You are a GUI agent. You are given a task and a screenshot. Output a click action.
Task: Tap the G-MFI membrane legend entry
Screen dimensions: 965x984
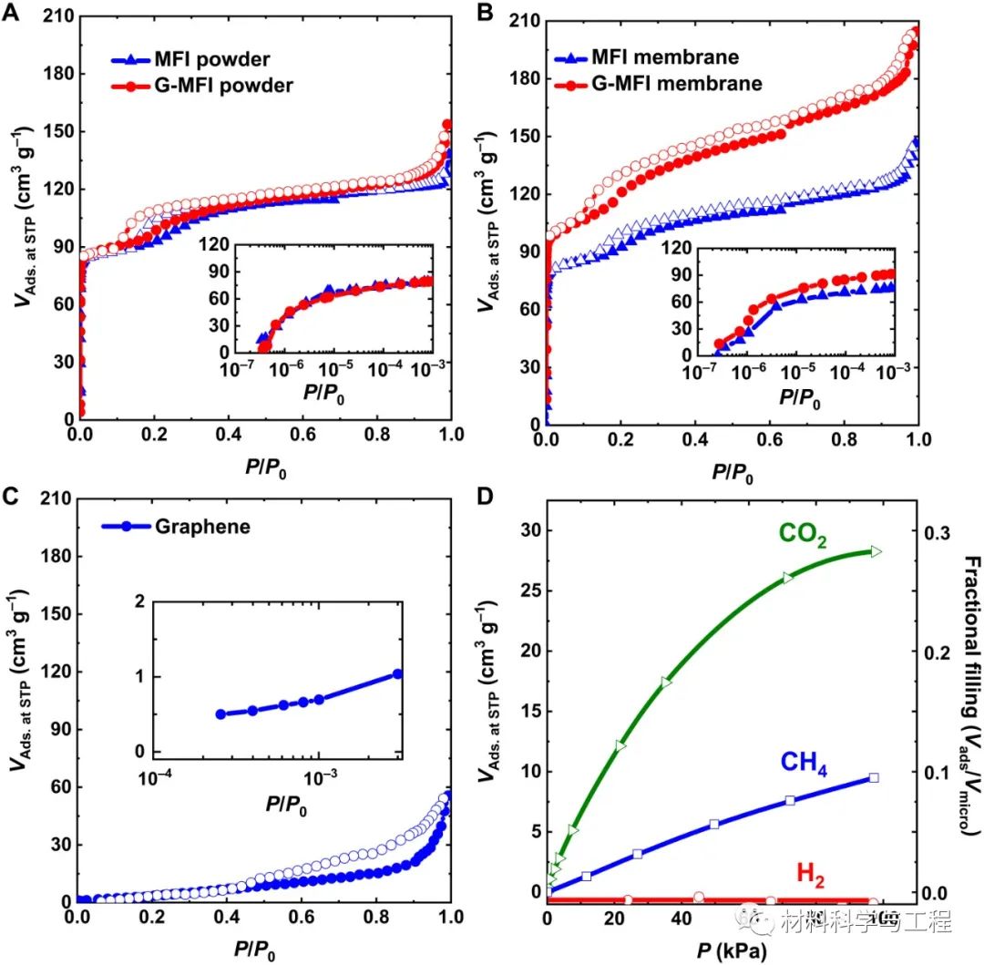[x=659, y=84]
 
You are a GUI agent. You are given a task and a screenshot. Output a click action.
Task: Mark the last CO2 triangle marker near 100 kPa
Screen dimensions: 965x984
[x=876, y=551]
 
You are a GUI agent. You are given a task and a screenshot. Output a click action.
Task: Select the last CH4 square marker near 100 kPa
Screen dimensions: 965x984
[x=874, y=777]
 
